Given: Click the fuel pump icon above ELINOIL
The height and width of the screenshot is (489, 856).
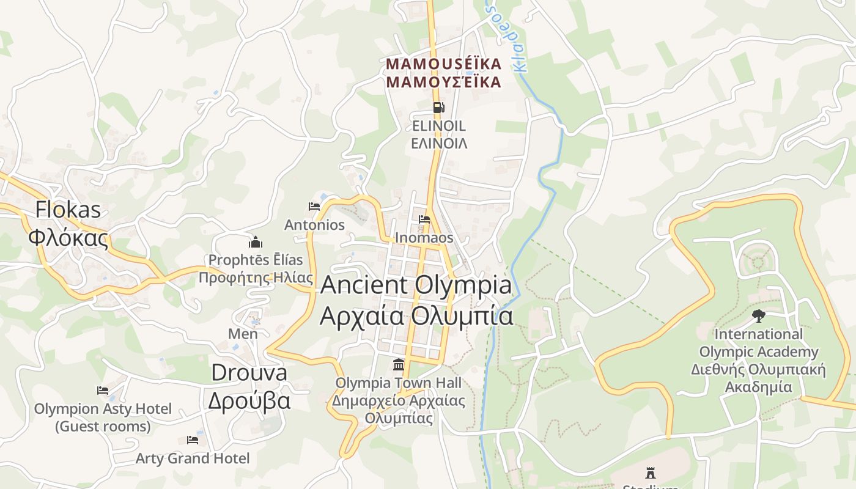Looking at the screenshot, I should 438,108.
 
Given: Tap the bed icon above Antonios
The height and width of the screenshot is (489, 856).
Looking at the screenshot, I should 314,206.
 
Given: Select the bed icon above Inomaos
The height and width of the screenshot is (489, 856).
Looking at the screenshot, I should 424,219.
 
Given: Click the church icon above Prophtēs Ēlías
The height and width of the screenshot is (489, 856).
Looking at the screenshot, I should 256,241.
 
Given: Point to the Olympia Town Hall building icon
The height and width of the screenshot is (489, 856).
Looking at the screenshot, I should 399,364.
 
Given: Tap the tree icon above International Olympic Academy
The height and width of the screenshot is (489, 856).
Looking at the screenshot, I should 758,316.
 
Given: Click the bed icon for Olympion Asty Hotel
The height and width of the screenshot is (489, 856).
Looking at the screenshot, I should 103,390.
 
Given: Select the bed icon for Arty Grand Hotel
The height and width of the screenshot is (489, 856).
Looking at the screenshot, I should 193,439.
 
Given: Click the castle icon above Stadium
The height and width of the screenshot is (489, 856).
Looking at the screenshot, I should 651,472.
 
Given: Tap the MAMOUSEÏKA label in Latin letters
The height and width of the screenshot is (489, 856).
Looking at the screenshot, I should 443,64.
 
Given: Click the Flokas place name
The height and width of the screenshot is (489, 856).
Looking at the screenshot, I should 67,210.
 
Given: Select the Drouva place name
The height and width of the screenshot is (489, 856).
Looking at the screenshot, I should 249,372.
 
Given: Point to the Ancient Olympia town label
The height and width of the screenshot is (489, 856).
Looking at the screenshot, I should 416,285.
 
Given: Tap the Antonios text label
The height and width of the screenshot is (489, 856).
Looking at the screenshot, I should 314,225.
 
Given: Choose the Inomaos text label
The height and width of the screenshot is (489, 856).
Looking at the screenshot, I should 424,238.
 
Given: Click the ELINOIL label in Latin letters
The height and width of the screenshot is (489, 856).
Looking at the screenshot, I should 438,126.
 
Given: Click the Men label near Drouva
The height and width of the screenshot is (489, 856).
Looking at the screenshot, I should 243,334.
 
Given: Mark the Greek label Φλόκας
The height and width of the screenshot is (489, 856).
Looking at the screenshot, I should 68,237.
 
